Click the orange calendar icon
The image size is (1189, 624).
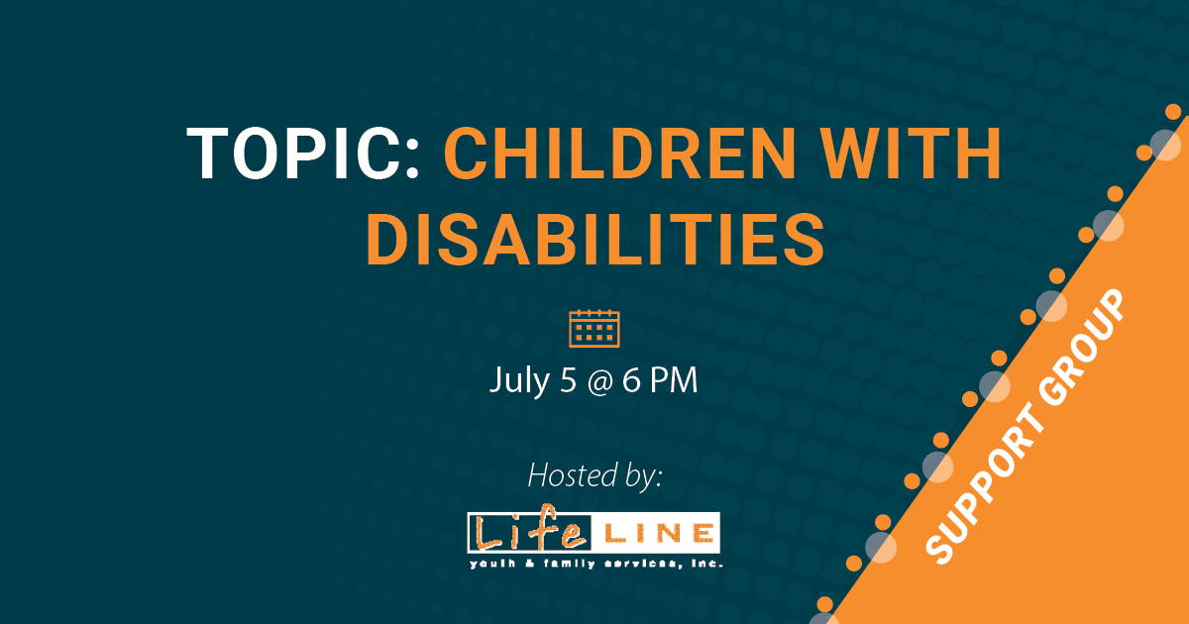pos(594,328)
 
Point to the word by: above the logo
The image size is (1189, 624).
pos(640,476)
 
